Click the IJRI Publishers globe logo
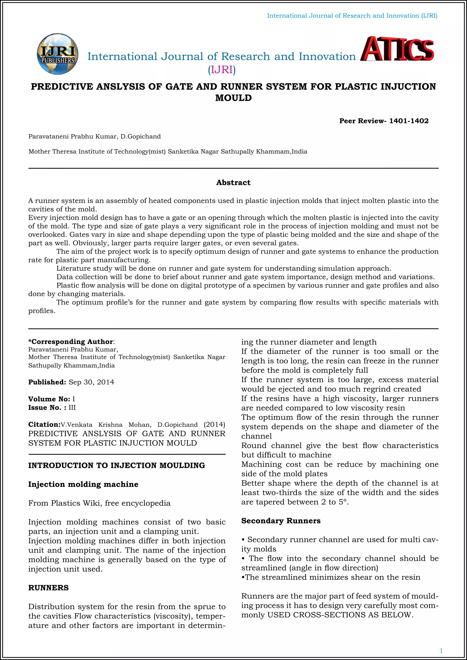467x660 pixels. (57, 54)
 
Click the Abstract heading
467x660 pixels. (233, 183)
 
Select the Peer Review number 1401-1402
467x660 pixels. (409, 121)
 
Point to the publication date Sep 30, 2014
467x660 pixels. (91, 382)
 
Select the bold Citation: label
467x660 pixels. (44, 425)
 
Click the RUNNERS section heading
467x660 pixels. (48, 588)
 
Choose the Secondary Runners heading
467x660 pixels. (281, 521)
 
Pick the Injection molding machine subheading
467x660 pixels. (83, 484)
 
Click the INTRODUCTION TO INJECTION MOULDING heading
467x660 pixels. (117, 465)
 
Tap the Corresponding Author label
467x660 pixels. (71, 341)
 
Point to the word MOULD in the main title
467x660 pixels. (233, 98)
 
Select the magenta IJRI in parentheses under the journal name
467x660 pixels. (222, 70)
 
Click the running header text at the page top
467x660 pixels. (352, 16)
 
